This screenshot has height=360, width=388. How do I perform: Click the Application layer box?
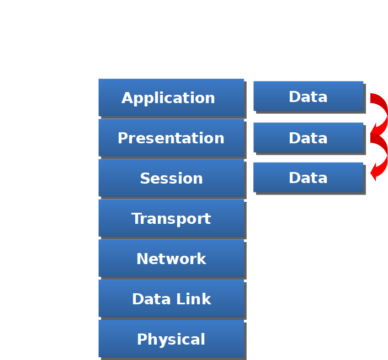(171, 98)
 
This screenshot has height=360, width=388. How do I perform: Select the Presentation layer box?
(171, 138)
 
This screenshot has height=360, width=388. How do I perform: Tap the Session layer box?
(171, 178)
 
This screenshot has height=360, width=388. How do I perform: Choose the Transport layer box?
(171, 218)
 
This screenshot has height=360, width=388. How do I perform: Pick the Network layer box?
(171, 259)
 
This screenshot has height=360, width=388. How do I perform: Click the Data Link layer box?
(171, 299)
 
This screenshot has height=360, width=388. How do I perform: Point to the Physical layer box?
(171, 339)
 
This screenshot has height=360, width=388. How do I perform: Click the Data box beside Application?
(309, 96)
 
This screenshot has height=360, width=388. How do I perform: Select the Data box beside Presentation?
(309, 137)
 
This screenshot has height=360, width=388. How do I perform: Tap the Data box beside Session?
(309, 177)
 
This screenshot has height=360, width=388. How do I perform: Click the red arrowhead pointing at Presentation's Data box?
(375, 133)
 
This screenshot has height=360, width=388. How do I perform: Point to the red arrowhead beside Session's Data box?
(375, 173)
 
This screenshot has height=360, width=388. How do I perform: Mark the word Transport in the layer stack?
(171, 218)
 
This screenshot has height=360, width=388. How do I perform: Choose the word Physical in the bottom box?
(171, 339)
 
